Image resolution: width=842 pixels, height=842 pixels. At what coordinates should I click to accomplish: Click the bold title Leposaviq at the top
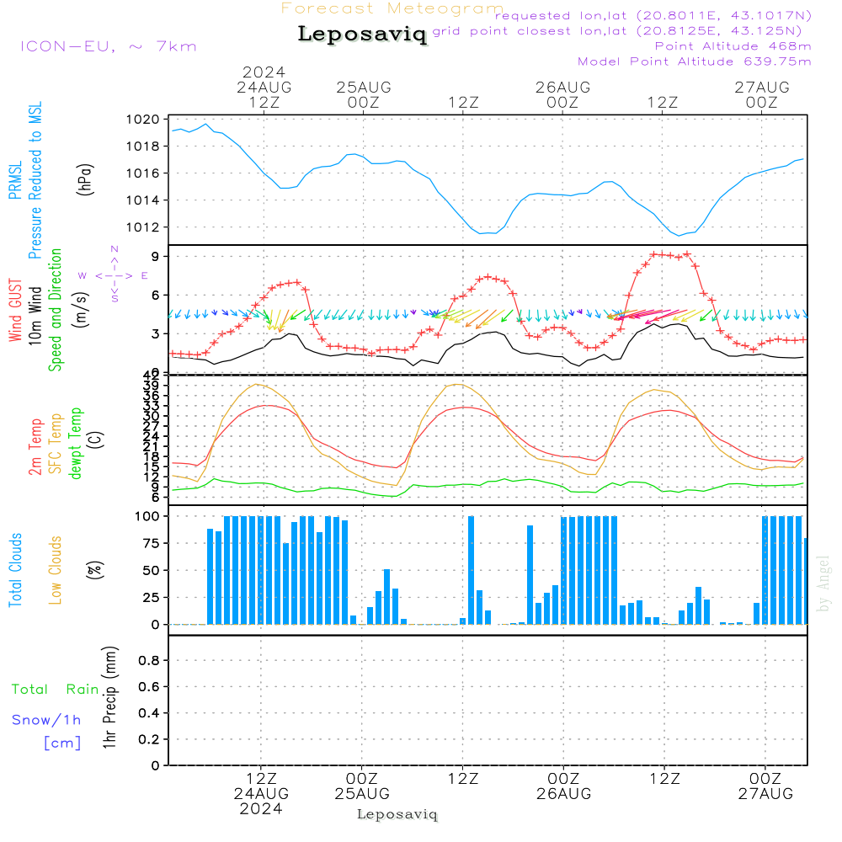click(362, 35)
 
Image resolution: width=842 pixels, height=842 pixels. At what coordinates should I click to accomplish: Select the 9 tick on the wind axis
click(156, 256)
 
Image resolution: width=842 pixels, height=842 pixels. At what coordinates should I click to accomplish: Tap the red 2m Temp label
click(35, 445)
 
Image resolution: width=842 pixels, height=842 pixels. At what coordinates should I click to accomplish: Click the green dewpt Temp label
click(76, 444)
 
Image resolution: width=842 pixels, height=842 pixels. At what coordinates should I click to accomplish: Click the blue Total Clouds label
click(15, 569)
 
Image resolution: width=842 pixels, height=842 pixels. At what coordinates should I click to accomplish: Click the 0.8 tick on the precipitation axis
click(149, 661)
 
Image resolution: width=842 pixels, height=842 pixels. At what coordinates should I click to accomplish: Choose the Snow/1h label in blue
click(47, 719)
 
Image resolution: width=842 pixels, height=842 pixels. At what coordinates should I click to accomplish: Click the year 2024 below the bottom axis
click(261, 809)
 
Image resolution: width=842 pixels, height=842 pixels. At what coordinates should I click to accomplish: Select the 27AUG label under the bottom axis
click(765, 794)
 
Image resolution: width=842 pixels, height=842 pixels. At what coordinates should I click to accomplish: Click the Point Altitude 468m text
click(733, 45)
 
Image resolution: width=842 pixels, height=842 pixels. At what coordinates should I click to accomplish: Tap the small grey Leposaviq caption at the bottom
click(397, 814)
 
